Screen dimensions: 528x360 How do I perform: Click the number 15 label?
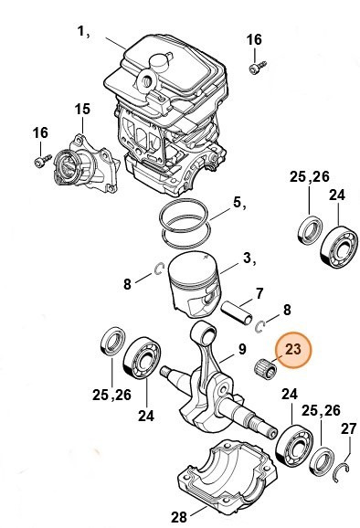click(x=82, y=110)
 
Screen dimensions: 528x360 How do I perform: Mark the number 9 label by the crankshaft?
click(x=242, y=348)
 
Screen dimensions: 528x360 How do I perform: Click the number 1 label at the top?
click(x=83, y=31)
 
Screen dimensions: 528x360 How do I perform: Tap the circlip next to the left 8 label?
click(x=157, y=268)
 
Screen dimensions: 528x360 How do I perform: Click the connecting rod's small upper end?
click(x=206, y=332)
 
